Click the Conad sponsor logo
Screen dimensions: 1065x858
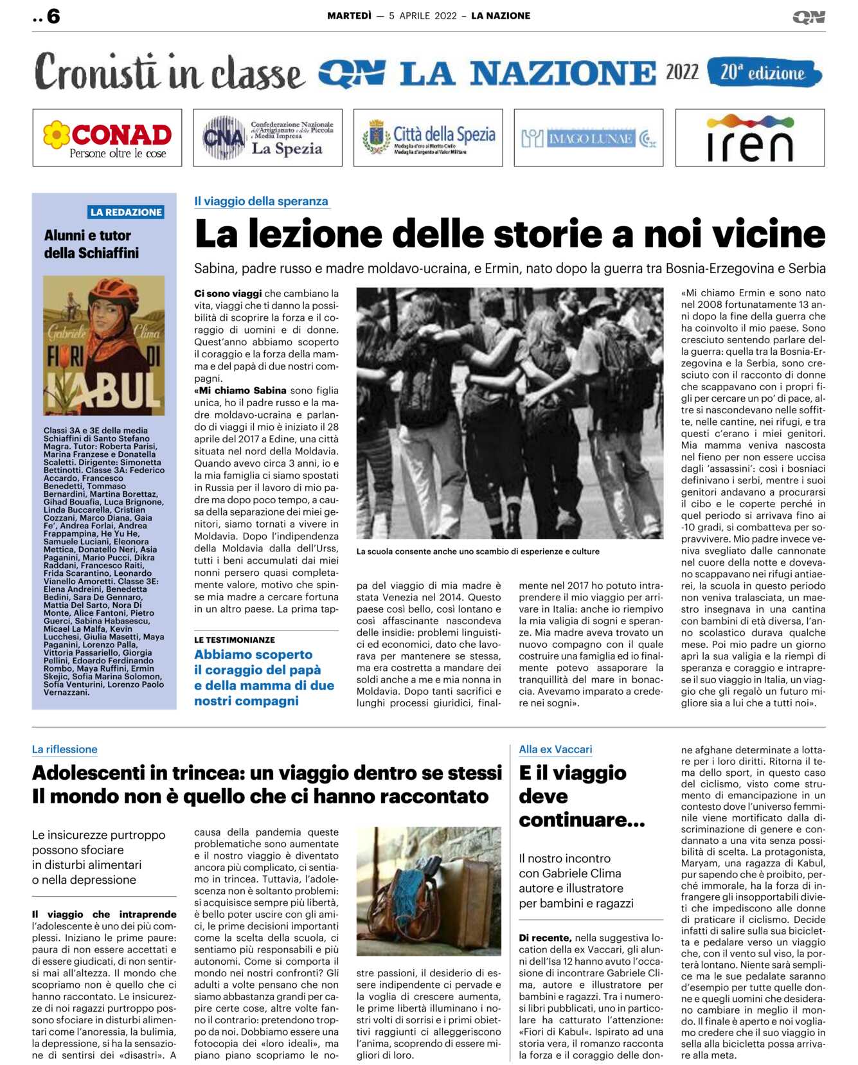click(x=107, y=138)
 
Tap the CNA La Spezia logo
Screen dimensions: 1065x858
click(x=268, y=138)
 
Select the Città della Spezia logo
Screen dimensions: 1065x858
click(x=428, y=138)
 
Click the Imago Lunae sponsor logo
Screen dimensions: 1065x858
click(x=588, y=138)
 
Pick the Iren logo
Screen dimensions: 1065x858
click(x=749, y=138)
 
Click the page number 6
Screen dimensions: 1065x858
click(x=53, y=17)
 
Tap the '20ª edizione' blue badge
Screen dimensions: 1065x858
click(x=764, y=73)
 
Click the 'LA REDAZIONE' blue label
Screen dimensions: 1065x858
click(x=126, y=212)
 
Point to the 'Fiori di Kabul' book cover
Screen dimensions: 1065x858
click(x=103, y=345)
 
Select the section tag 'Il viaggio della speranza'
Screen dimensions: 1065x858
click(x=261, y=201)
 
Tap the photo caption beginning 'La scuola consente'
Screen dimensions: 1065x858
click(x=478, y=551)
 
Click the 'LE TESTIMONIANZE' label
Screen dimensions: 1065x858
click(x=235, y=640)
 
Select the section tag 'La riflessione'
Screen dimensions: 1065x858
click(x=65, y=749)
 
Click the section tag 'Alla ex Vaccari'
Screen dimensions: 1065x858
click(x=555, y=749)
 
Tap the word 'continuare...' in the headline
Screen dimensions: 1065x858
click(x=582, y=820)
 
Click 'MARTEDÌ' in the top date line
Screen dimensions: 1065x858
click(x=349, y=16)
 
